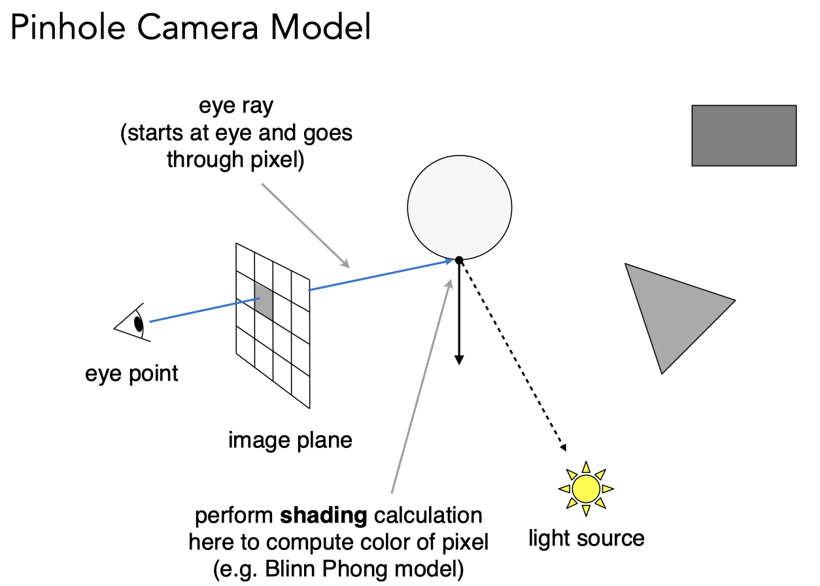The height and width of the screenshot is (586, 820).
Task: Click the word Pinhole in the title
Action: (68, 27)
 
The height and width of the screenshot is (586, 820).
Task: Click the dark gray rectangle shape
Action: (744, 135)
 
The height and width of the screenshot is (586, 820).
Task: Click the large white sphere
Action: (460, 207)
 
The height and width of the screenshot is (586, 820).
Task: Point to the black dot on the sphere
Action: (459, 260)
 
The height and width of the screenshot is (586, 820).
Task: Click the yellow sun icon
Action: (586, 489)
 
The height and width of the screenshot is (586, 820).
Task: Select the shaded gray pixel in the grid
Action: (264, 301)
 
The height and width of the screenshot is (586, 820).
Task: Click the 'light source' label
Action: (587, 538)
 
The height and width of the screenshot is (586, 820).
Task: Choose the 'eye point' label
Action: (131, 374)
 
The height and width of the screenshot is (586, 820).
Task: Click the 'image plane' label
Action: (290, 440)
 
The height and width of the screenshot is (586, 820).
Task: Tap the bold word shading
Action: (323, 516)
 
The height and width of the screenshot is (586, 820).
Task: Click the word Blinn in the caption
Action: (290, 569)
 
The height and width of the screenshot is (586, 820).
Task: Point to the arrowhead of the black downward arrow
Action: (459, 360)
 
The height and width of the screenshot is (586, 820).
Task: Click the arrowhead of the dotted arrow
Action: (563, 447)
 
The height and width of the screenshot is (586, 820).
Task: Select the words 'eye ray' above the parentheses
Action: (236, 106)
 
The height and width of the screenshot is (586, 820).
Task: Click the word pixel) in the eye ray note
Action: (277, 160)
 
